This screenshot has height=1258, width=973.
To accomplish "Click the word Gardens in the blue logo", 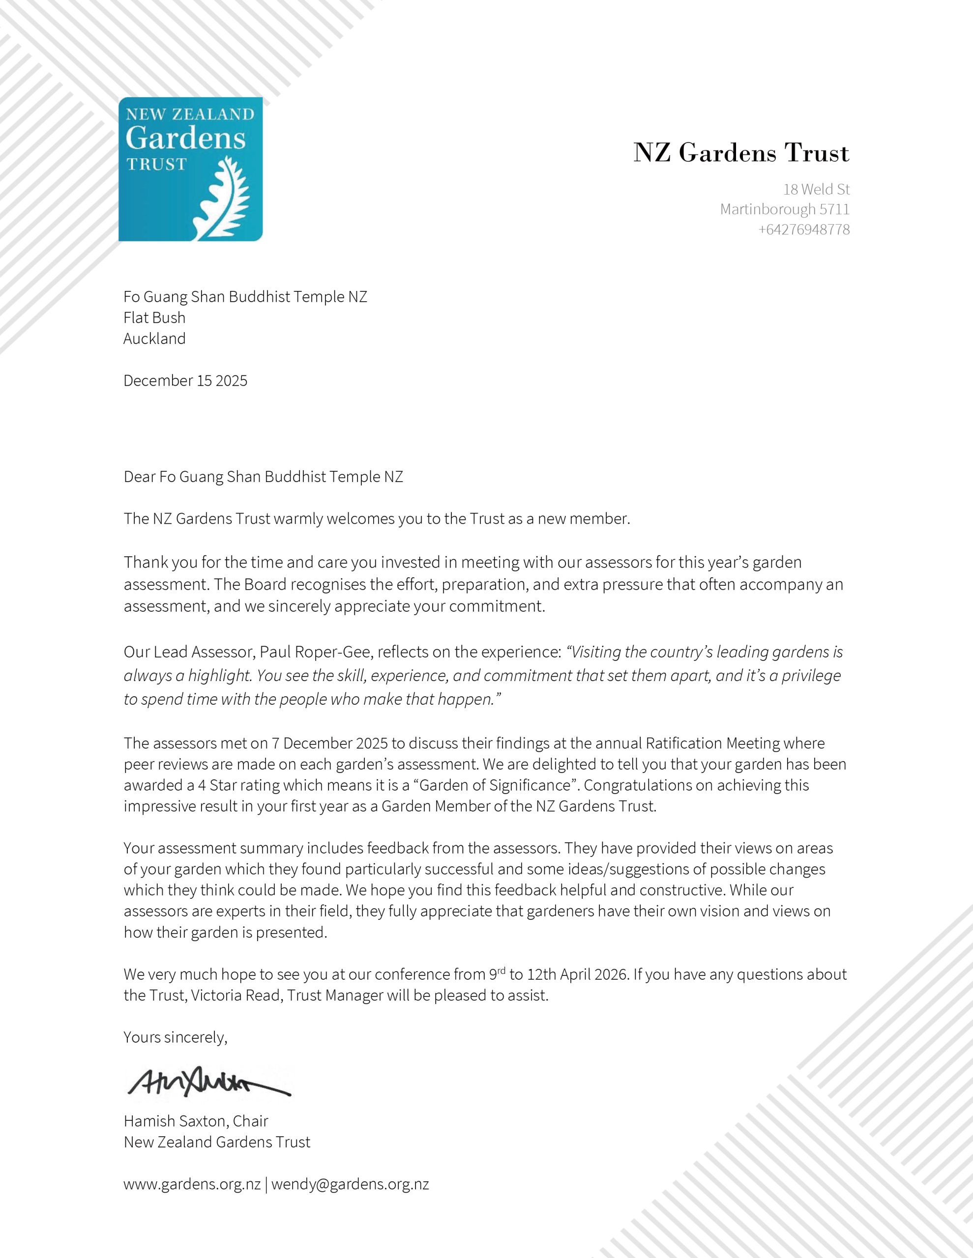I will point(186,138).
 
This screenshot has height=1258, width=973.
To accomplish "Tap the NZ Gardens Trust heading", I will point(741,153).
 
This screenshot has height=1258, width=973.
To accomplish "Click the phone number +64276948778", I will point(803,230).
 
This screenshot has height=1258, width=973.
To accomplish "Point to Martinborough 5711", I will point(785,209).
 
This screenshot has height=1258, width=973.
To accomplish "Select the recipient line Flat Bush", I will point(154,318).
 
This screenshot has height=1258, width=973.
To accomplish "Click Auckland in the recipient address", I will point(154,339).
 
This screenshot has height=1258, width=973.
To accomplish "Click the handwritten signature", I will point(207,1084).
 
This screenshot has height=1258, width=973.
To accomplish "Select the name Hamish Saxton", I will point(176,1121).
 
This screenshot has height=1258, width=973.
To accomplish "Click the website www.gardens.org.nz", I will point(192,1184).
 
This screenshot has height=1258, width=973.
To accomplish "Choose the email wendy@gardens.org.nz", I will point(350,1184).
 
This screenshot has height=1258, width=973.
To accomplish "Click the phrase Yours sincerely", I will point(175,1037).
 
